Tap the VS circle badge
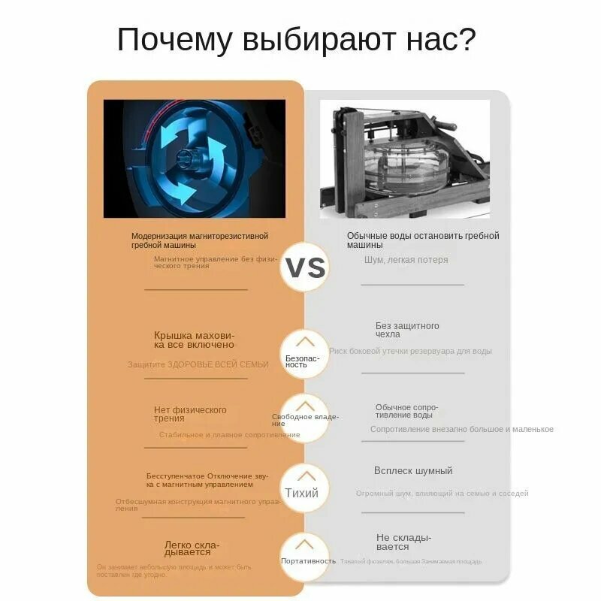click(305, 267)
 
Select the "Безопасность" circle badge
click(304, 354)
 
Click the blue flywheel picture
click(195, 159)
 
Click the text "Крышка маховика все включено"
click(194, 340)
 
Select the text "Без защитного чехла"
click(407, 330)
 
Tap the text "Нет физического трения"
click(190, 414)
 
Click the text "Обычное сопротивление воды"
click(406, 411)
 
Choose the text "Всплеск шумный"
click(413, 471)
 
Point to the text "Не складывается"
click(403, 542)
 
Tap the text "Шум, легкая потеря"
click(406, 260)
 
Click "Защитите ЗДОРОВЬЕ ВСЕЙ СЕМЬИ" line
click(198, 364)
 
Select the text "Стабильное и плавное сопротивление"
click(229, 434)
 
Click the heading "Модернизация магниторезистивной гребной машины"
click(199, 240)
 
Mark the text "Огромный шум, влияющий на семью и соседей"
click(442, 494)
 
